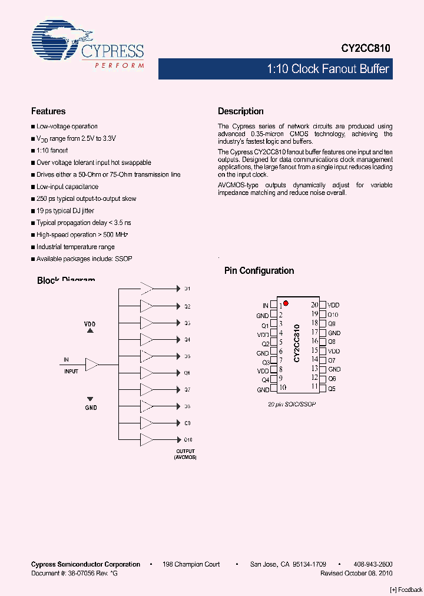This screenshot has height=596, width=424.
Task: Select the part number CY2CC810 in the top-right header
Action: coord(365,49)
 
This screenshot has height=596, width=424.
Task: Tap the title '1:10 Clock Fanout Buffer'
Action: coord(328,69)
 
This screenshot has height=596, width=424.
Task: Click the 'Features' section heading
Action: coord(48,111)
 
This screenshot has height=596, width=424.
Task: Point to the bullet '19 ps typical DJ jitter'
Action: coord(65,211)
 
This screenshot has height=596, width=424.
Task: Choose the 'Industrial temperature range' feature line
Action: coord(75,247)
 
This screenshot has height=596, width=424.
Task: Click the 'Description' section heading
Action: coord(240,111)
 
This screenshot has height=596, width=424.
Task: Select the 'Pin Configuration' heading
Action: coord(259,271)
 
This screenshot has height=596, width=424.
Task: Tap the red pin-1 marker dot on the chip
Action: coord(286,303)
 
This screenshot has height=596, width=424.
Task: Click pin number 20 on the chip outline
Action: coord(314,305)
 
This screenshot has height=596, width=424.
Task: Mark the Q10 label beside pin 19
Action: coord(333,314)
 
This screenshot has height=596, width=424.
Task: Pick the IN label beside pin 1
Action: coord(266,306)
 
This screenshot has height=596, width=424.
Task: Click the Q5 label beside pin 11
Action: coord(332,389)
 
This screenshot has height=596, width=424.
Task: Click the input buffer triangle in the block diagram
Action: coord(92,365)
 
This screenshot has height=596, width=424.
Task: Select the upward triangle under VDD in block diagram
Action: coord(90,331)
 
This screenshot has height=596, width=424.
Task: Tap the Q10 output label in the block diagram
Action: coord(188,440)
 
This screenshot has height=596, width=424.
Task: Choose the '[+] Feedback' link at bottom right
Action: coord(406,590)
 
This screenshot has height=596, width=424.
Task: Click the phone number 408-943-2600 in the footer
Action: coord(374,564)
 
